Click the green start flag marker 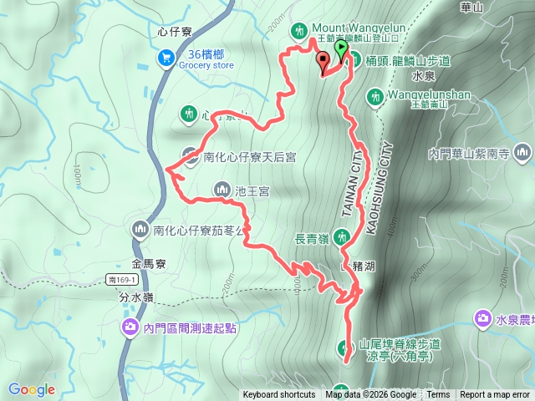point(341,49)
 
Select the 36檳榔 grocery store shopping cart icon point(166,58)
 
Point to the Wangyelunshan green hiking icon point(375,96)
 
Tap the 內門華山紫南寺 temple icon point(523,153)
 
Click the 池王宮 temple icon point(222,190)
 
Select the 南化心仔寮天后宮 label point(246,155)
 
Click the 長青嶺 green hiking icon point(341,237)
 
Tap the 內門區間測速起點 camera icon point(130,327)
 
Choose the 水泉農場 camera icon point(483,318)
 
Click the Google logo point(31,389)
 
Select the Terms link point(438,395)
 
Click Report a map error point(495,395)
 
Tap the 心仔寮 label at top point(175,33)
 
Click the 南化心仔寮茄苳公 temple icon point(139,229)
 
